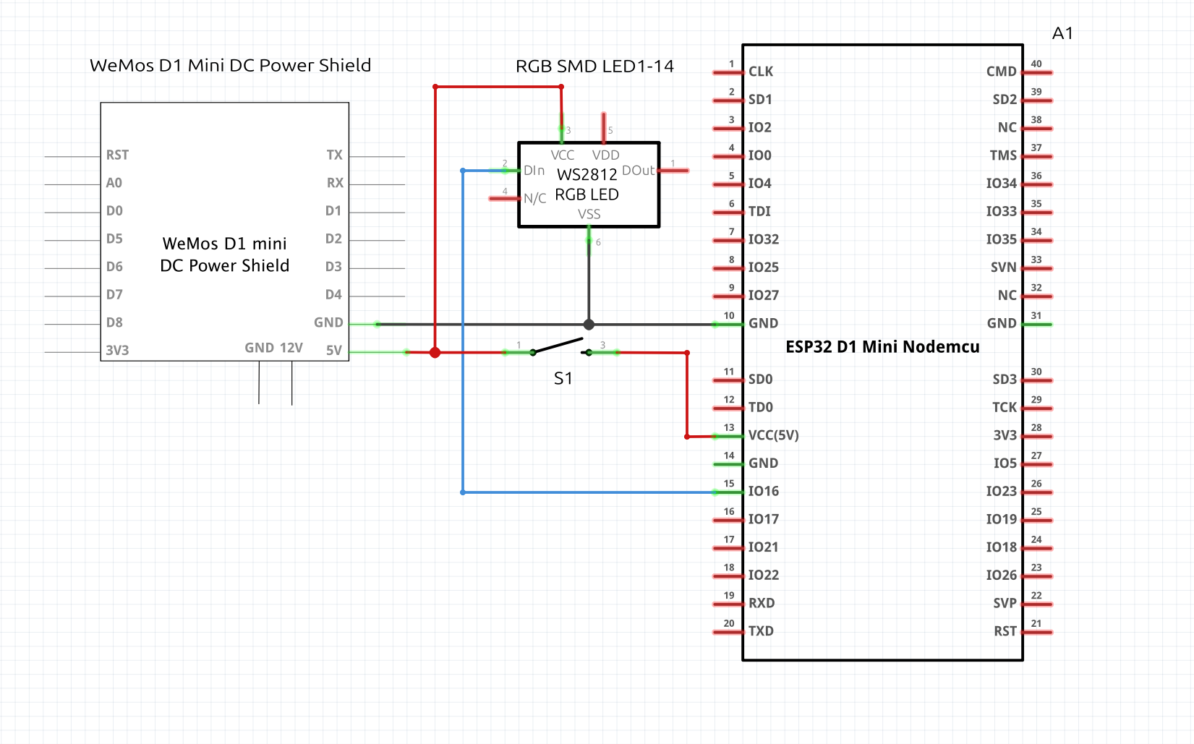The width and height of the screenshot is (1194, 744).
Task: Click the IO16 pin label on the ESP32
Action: (763, 492)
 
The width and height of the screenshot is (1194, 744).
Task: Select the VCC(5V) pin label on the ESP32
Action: (773, 435)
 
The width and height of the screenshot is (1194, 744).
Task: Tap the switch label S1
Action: (563, 379)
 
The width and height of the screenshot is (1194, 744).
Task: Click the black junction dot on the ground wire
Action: (589, 325)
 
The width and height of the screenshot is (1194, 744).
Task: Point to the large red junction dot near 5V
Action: (435, 353)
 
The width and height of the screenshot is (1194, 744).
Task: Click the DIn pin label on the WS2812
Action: (534, 171)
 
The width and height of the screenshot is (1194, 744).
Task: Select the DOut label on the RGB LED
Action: (638, 171)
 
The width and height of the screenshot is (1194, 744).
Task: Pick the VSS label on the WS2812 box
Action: (589, 214)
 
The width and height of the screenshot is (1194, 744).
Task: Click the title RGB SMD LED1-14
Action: (594, 67)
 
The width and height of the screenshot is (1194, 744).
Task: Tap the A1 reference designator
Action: (1062, 33)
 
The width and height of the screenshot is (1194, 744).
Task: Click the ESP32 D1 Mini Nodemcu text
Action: (882, 347)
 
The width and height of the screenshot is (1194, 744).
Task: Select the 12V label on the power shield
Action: (291, 348)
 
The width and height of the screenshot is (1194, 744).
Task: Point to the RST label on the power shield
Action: (117, 155)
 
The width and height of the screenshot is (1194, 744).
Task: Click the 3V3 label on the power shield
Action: (117, 351)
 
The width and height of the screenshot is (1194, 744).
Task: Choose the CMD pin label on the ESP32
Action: (1001, 72)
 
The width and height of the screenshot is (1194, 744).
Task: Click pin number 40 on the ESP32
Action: (1036, 64)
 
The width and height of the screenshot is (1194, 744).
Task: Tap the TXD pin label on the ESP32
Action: (761, 631)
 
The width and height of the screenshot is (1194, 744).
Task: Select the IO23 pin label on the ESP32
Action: (1001, 492)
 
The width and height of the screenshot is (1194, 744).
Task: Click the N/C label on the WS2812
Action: (534, 199)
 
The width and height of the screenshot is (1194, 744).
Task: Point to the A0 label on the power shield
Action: (114, 183)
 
